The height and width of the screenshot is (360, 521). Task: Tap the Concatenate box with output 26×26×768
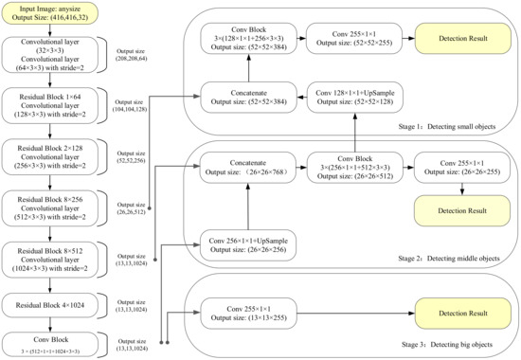[246, 168]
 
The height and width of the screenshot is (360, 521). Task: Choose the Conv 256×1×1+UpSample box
[246, 243]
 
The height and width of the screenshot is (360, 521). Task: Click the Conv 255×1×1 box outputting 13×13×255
[246, 312]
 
